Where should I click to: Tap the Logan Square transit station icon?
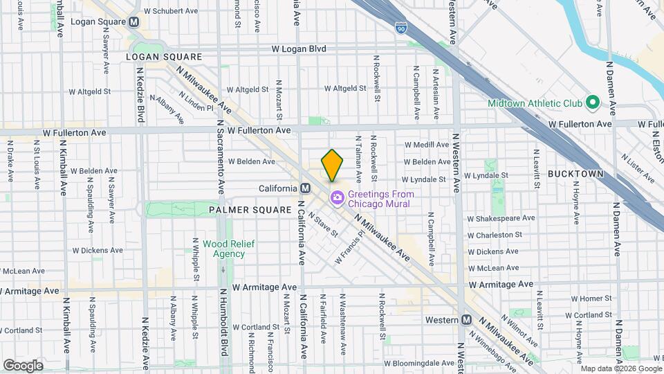click(x=134, y=21)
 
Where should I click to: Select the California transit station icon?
click(x=304, y=189)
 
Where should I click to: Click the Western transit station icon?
click(x=466, y=320)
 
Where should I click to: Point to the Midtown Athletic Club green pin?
click(x=592, y=103)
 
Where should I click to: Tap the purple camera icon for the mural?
click(x=337, y=198)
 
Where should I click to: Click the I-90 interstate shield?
click(x=401, y=28)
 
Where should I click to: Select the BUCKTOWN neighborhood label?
click(x=575, y=174)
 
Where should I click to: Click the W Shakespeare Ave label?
click(x=501, y=218)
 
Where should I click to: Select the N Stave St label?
click(x=323, y=224)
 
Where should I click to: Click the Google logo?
click(x=23, y=365)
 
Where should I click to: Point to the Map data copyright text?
click(x=619, y=368)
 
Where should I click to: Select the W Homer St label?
click(x=582, y=299)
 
